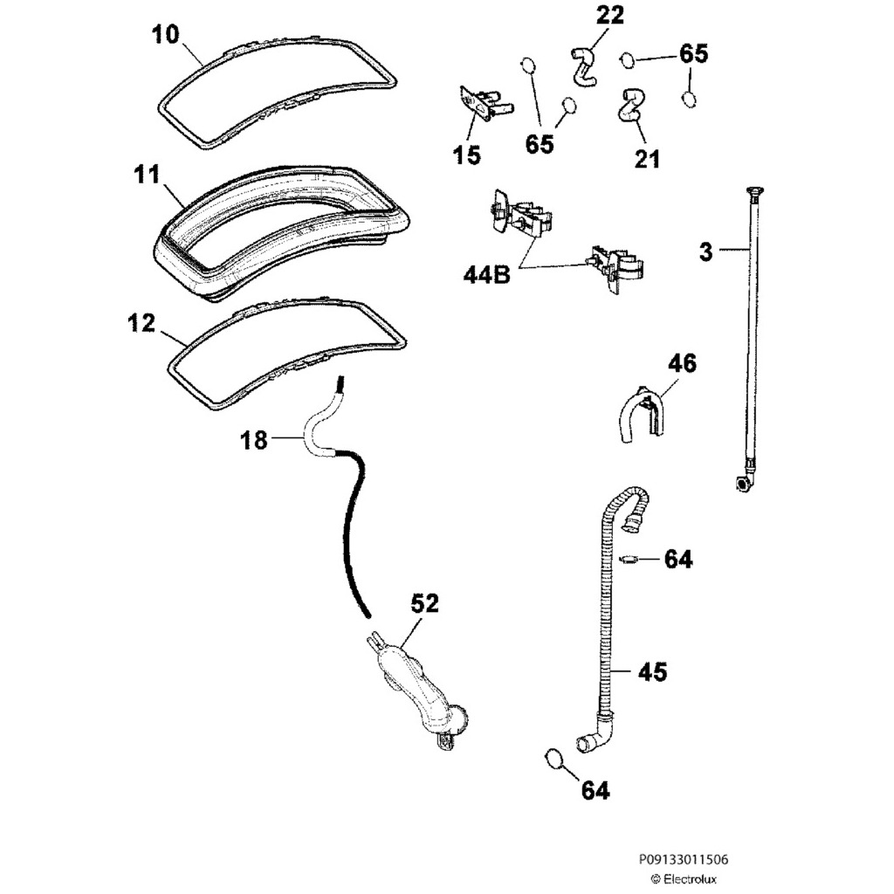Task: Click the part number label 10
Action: pos(166,36)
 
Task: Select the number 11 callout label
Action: pos(148,175)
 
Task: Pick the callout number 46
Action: pos(683,363)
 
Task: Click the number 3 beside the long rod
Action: pos(705,252)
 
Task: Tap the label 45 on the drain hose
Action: pos(652,671)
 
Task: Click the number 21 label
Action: pos(647,158)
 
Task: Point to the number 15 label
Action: pos(467,155)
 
